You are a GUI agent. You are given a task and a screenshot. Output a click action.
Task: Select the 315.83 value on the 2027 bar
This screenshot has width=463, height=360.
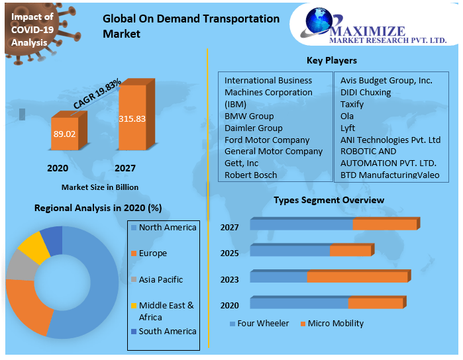pos(132,119)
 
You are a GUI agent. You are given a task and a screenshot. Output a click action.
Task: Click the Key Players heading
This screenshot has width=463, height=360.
pos(331,61)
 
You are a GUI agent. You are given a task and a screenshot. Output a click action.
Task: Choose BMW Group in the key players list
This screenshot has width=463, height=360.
pos(249,116)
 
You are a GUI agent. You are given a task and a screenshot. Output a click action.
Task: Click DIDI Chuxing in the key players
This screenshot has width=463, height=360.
pos(366,93)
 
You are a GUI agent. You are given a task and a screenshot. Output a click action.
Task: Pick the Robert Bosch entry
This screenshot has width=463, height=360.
pos(250,175)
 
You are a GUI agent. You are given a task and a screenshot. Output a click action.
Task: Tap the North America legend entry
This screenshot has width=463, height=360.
pos(168,228)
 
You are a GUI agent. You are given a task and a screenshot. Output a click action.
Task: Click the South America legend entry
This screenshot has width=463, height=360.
pos(168,331)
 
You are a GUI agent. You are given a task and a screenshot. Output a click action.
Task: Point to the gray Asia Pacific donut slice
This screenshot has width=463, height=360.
pos(16,265)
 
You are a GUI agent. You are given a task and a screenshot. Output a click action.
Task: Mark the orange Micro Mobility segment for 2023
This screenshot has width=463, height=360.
pos(357,277)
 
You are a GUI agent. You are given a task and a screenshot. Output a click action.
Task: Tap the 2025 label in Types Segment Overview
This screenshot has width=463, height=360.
pos(229,253)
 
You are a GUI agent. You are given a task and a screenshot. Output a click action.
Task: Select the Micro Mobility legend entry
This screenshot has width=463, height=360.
pos(335,324)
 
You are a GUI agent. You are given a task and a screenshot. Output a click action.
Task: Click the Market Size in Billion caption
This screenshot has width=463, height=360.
pos(100,187)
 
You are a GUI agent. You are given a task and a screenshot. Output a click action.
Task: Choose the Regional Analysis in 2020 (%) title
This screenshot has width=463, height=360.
pos(98,208)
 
